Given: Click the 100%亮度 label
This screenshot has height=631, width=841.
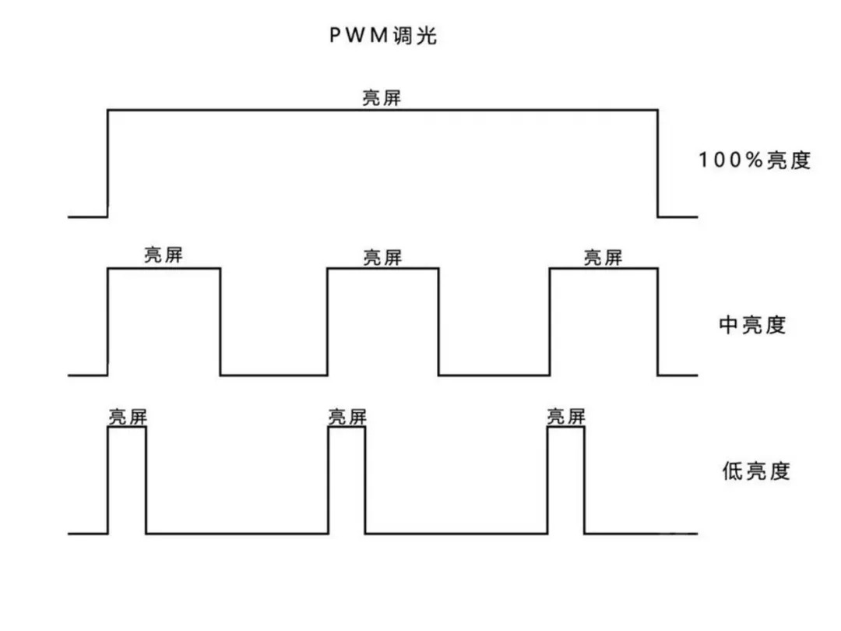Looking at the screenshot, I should pos(755,160).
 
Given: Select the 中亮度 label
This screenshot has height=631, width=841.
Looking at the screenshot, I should pos(752,324).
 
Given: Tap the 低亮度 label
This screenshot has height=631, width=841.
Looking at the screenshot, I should pos(755,471).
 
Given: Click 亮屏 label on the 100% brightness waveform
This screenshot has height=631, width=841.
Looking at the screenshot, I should pos(382,98).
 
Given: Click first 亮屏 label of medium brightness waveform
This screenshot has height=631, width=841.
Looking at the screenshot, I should pos(163,256).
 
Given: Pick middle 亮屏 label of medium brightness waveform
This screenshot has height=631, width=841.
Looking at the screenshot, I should pos(382,257).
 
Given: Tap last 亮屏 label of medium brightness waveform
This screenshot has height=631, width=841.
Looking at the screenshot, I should pos(603,257).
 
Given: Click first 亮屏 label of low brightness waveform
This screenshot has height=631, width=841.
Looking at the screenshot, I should pos(127,417).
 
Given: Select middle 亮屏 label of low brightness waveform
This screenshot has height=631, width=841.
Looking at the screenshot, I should pos(347,417).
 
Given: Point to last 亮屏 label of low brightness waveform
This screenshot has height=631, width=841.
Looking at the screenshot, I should pos(565,417).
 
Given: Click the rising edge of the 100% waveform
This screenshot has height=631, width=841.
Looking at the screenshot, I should pos(107,164).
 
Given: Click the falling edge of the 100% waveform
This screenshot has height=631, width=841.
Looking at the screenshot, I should pos(658,164).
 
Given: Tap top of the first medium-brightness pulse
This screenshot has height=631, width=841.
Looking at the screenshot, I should pos(164,269).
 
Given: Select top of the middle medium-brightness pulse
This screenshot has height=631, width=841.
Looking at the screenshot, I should pos(382,269).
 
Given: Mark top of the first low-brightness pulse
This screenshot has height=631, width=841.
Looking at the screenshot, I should pos(127,428).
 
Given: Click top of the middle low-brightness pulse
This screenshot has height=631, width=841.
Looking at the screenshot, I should pos(347,428).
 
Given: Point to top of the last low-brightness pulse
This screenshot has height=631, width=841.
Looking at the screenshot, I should pos(565,428).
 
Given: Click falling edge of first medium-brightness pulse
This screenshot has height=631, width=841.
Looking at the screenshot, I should pos(220,322).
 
